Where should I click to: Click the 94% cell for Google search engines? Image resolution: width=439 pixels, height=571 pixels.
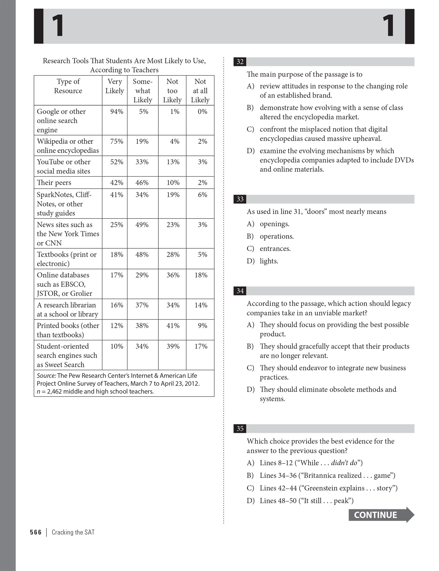coord(116,112)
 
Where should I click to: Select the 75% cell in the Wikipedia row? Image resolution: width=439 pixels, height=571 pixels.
coord(116,141)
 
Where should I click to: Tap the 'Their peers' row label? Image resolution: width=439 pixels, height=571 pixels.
coord(54,183)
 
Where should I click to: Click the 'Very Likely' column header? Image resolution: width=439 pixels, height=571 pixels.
coord(115,86)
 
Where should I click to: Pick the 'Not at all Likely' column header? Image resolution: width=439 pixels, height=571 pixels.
coord(200,90)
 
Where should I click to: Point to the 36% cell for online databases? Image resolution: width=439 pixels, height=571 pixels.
coord(173,275)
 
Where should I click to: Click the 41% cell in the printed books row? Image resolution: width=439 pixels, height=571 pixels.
coord(173,326)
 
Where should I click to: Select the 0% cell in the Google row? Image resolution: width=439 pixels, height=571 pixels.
coord(202,112)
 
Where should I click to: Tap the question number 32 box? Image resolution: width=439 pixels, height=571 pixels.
coord(240,62)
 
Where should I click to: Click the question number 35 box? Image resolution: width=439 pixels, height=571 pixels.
coord(240,428)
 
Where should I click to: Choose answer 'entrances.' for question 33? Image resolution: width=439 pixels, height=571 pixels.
coord(275,249)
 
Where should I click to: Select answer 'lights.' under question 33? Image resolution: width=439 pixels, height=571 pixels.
coord(269,261)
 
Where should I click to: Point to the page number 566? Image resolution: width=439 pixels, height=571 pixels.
coord(36,532)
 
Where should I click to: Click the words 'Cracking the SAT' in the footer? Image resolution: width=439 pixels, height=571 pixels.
coord(73,532)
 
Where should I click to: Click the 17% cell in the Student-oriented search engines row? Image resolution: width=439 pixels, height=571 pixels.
coord(201,346)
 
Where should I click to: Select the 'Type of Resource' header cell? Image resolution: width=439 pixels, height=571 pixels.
coord(68,86)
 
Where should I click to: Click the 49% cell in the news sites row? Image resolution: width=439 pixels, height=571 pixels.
coord(142,225)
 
